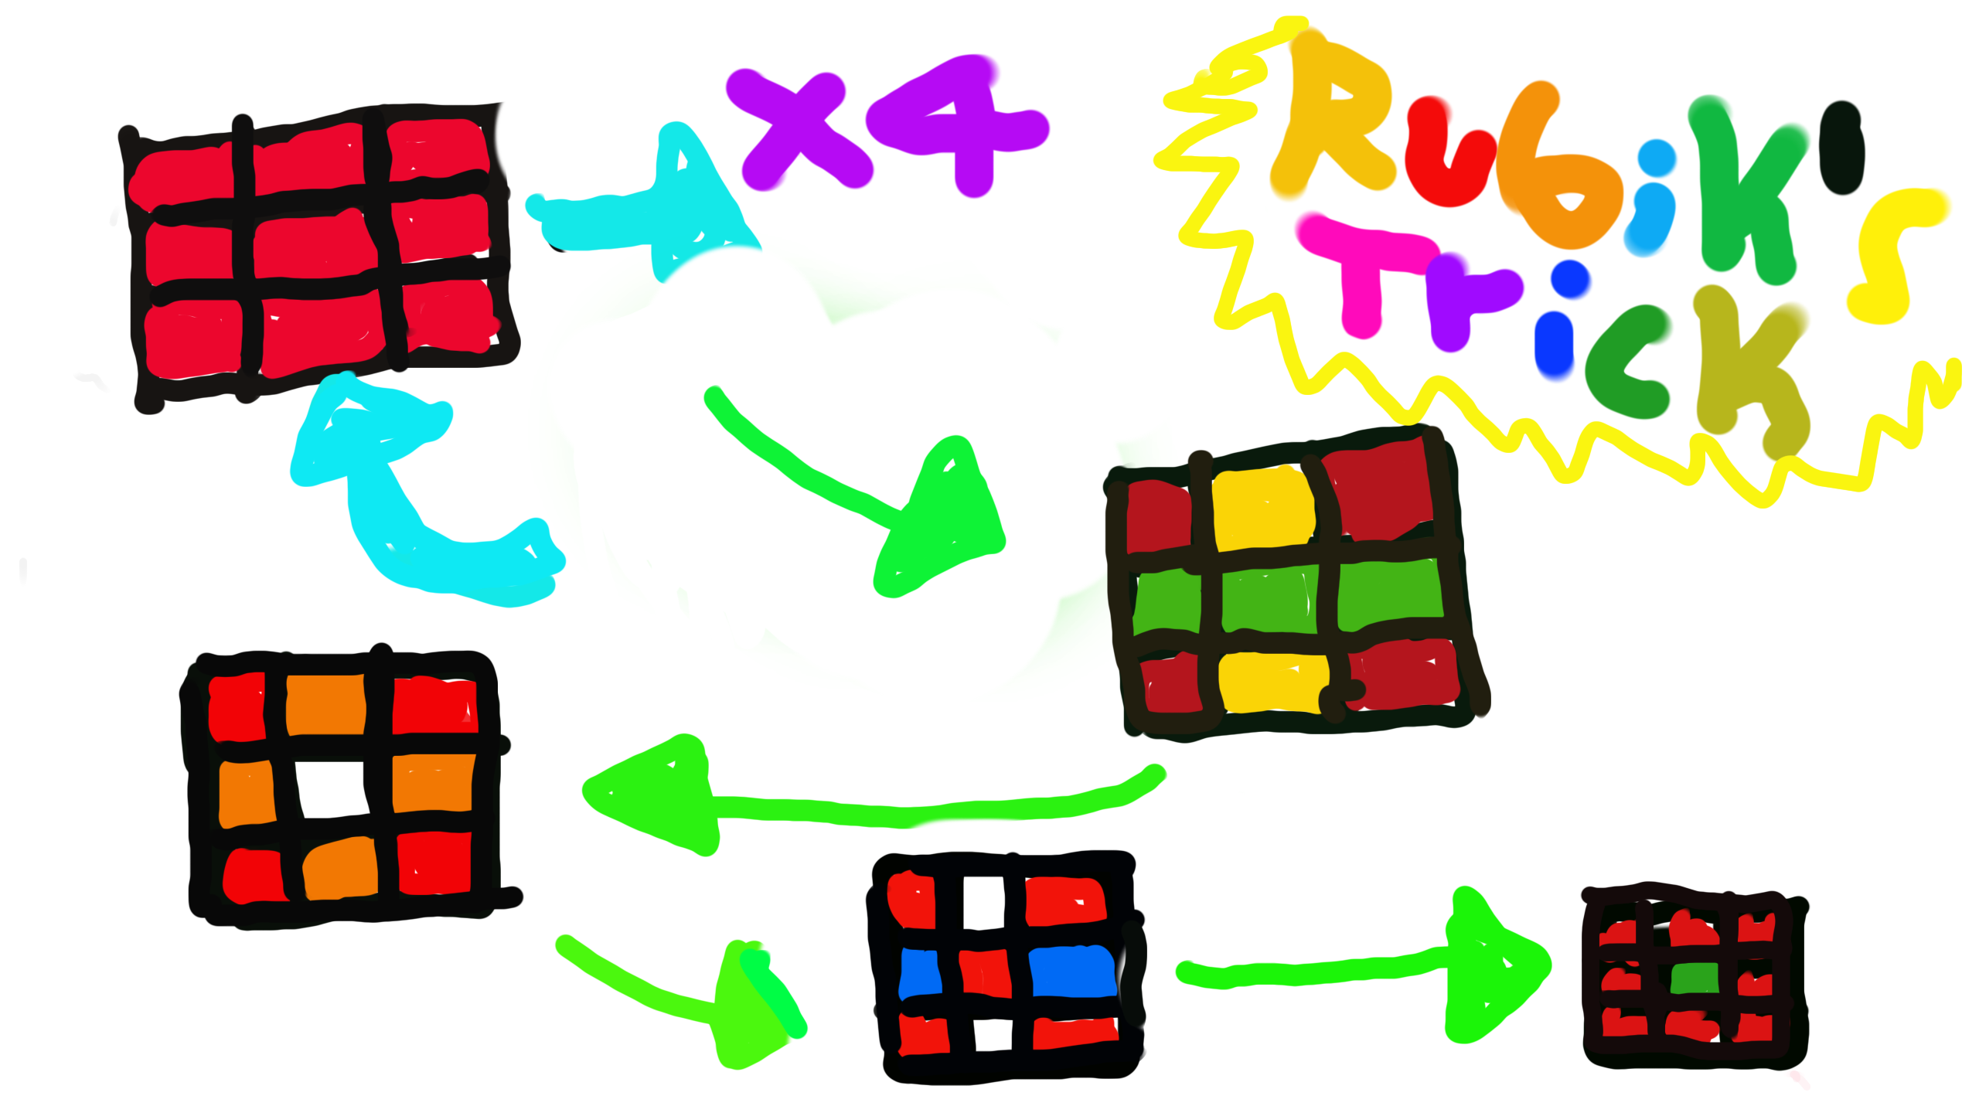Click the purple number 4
coord(962,124)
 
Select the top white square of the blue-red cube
coord(983,901)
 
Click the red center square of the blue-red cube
coord(986,972)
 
